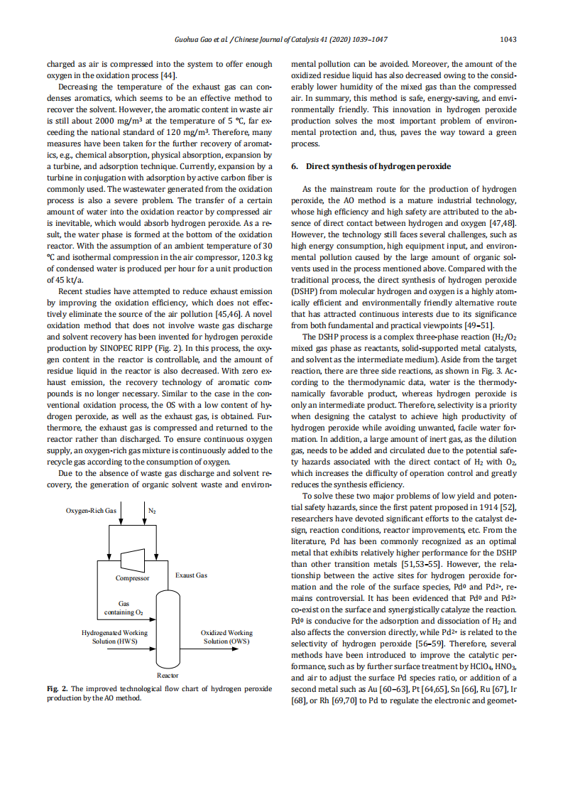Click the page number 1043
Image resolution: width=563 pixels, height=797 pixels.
point(508,40)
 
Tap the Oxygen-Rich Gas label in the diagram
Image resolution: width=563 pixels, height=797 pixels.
point(92,511)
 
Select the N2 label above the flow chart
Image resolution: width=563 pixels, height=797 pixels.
point(153,511)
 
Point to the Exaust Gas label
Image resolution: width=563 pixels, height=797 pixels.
point(191,575)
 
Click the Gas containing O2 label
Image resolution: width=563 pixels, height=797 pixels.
point(124,607)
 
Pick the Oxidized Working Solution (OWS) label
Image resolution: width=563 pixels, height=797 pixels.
point(226,636)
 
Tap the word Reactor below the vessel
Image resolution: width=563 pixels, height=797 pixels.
point(168,676)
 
